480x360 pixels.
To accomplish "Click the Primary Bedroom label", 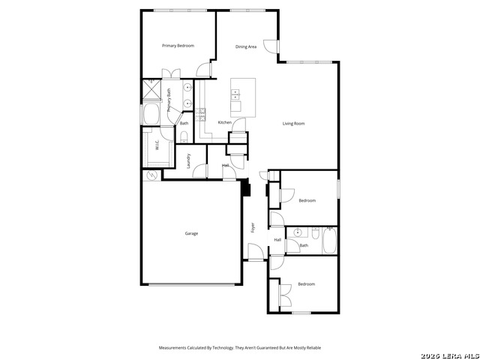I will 178,46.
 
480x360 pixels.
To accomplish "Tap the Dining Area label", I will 246,46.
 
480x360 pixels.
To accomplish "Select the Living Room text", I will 293,124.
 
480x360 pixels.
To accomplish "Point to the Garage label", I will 192,233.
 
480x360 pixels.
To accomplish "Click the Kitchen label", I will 224,122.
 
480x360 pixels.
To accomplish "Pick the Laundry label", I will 188,160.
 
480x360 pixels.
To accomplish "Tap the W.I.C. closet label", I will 157,145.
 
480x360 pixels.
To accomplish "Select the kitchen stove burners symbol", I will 202,114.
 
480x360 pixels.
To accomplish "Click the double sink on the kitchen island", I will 236,94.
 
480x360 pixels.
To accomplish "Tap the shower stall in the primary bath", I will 151,91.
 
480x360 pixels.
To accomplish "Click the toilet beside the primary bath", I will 184,136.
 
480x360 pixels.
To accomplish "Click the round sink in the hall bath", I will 298,232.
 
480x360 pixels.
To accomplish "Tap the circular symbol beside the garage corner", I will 152,175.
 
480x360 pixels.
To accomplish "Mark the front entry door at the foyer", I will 256,259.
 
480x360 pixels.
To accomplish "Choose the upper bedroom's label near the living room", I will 307,200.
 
